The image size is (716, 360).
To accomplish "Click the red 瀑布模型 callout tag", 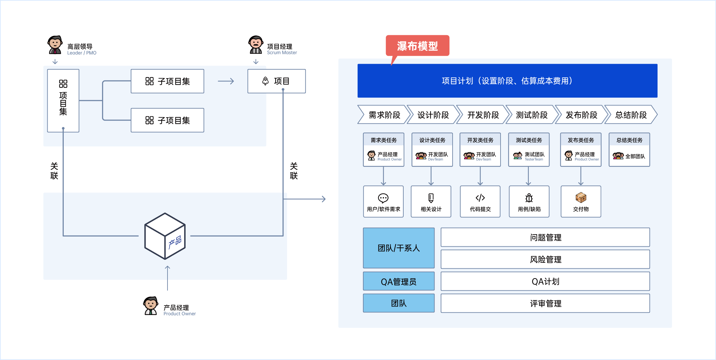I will tap(417, 46).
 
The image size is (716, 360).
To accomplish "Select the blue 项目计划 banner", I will tap(507, 81).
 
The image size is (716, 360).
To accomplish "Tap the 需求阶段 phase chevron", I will tap(384, 115).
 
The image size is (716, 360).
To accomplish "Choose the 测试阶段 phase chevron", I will tap(531, 115).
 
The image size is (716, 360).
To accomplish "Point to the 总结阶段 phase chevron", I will tap(631, 115).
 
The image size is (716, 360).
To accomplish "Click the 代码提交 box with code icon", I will tap(480, 202).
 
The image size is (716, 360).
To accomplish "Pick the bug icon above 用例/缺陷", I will tap(529, 198).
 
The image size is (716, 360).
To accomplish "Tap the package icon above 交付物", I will tap(581, 197).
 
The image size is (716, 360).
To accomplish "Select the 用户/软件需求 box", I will tap(383, 202).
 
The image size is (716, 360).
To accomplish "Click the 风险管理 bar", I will tap(545, 259).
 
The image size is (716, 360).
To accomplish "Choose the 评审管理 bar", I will tap(545, 304).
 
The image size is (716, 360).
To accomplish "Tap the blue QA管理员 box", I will tap(399, 281).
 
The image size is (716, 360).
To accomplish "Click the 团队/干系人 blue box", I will tap(399, 248).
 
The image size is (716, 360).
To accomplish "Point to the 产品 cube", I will tap(165, 236).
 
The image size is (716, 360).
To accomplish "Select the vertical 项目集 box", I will tap(63, 101).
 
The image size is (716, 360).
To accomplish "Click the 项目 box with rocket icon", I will tap(277, 81).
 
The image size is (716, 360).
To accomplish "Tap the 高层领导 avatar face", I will tap(55, 43).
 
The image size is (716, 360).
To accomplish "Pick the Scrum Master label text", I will tap(282, 53).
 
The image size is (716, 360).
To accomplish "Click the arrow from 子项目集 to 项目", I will tap(226, 81).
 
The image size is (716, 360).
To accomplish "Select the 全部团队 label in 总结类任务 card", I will tap(635, 156).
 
